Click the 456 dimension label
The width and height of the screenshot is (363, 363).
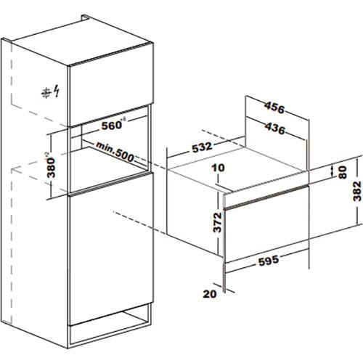pyautogui.click(x=274, y=108)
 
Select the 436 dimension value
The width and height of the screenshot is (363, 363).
pyautogui.click(x=274, y=129)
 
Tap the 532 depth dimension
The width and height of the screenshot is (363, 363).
pyautogui.click(x=202, y=147)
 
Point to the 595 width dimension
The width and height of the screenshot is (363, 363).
pyautogui.click(x=269, y=261)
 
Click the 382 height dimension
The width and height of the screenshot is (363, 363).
pyautogui.click(x=357, y=191)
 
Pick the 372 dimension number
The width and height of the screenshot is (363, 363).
pyautogui.click(x=217, y=222)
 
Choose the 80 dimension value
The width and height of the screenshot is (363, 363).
pyautogui.click(x=343, y=172)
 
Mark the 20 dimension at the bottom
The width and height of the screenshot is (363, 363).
pyautogui.click(x=210, y=294)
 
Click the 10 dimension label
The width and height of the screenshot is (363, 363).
pyautogui.click(x=218, y=168)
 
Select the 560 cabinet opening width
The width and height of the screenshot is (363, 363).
pyautogui.click(x=111, y=126)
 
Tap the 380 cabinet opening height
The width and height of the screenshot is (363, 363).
pyautogui.click(x=52, y=168)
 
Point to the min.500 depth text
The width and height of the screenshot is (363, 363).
pyautogui.click(x=115, y=152)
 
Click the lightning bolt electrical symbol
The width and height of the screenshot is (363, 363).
pyautogui.click(x=57, y=91)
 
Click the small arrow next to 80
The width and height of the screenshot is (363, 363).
pyautogui.click(x=332, y=171)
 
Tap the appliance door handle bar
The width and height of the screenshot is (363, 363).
pyautogui.click(x=266, y=197)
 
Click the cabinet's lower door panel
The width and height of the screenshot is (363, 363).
pyautogui.click(x=111, y=249)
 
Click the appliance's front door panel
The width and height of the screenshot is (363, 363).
pyautogui.click(x=266, y=232)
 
